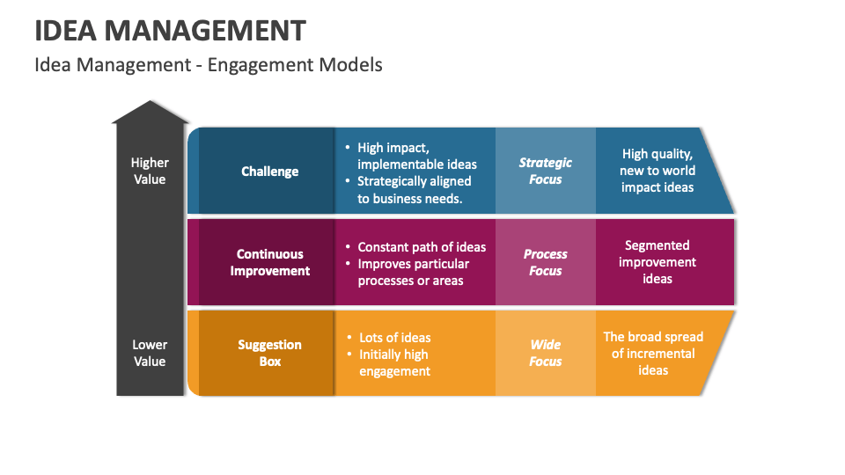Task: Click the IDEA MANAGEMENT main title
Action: tap(170, 30)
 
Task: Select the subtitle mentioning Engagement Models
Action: tap(208, 64)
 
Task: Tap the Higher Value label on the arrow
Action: tap(150, 171)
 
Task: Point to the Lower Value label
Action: tap(150, 353)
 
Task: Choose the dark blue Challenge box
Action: tap(269, 172)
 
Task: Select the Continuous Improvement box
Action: tap(269, 262)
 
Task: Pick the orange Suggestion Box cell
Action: tap(269, 353)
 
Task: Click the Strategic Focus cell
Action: tap(545, 171)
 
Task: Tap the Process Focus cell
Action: tap(545, 262)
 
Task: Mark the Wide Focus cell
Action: tap(545, 353)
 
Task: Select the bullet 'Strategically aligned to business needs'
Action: tap(412, 189)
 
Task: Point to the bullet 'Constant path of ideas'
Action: tap(421, 247)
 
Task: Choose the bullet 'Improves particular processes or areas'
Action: tap(412, 272)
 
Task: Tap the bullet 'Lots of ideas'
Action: tap(394, 338)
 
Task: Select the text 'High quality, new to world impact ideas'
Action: tap(658, 171)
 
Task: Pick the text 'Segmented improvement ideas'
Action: tap(657, 262)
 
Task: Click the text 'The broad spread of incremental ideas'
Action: tap(653, 353)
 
